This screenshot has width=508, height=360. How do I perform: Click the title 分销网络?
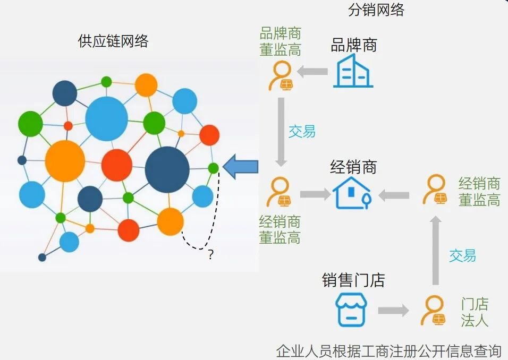[x=376, y=10]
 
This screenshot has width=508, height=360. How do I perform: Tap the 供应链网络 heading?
[x=113, y=42]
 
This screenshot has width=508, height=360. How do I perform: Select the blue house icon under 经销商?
[x=353, y=194]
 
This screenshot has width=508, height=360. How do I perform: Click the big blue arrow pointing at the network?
[x=241, y=167]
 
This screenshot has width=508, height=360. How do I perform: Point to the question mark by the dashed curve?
[x=210, y=255]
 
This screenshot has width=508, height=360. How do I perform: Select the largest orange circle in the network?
[x=65, y=161]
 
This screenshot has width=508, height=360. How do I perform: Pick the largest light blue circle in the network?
[x=107, y=118]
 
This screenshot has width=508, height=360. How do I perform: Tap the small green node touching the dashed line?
[x=213, y=168]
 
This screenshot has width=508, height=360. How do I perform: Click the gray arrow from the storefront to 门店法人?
[x=394, y=311]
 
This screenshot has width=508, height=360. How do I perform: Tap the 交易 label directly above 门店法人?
[x=462, y=255]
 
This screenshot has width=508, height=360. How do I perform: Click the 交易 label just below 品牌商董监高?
[x=302, y=131]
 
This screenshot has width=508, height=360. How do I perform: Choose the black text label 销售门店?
[x=353, y=280]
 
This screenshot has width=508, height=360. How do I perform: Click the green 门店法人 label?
[x=475, y=312]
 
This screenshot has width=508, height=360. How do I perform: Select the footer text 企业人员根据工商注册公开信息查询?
[x=388, y=351]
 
